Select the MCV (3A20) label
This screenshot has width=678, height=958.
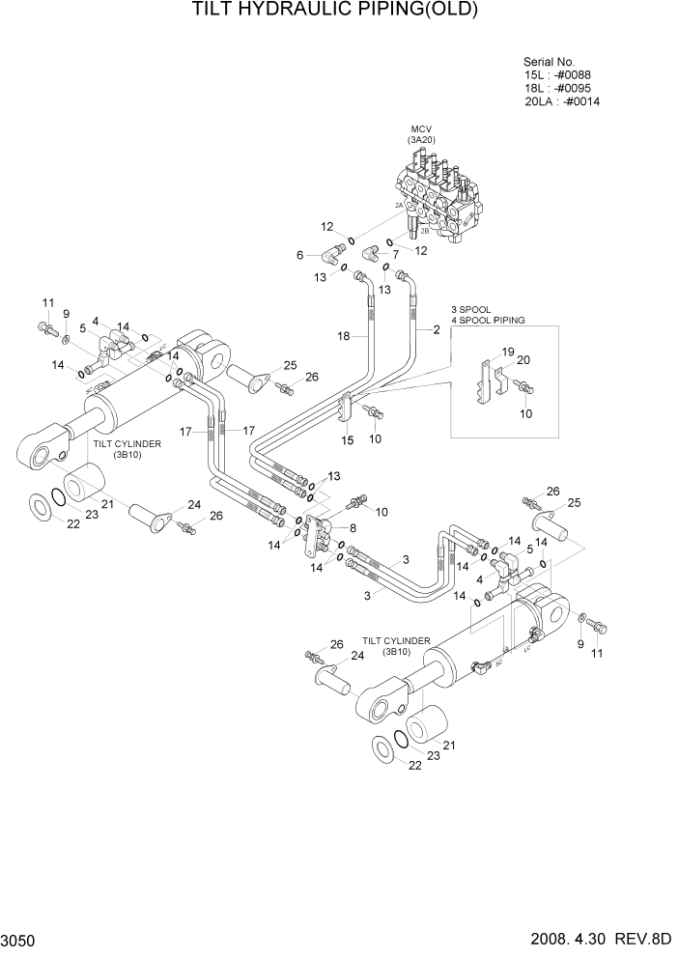tap(421, 134)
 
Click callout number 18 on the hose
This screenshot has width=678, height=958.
tap(343, 336)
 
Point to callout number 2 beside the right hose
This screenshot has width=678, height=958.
tap(436, 330)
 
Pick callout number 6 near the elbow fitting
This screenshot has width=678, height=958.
tap(300, 255)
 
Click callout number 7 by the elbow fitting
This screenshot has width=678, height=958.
tap(395, 255)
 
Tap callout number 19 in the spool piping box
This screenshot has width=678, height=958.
tap(508, 352)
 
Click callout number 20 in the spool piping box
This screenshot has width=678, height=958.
tap(525, 360)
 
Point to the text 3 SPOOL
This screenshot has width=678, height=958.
tap(471, 309)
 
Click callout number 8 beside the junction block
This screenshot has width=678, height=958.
tap(353, 528)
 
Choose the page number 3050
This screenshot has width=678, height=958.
tap(19, 940)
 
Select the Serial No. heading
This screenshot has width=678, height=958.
tap(549, 60)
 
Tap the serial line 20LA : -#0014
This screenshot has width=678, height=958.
tap(562, 101)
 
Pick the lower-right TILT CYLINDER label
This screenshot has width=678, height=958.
tap(396, 640)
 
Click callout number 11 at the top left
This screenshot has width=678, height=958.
tap(45, 304)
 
